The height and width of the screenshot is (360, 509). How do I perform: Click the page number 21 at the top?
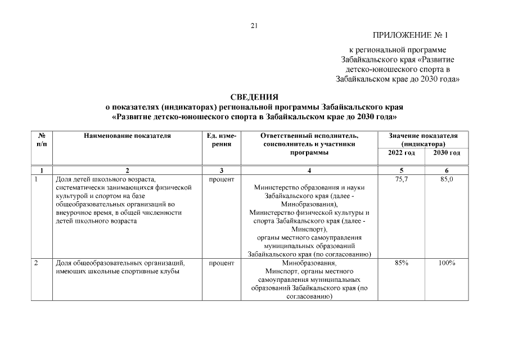[254, 25]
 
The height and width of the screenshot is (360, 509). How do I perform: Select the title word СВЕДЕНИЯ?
[254, 97]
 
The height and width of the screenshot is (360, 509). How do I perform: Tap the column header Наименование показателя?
[127, 136]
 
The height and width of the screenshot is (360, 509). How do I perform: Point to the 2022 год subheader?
[402, 153]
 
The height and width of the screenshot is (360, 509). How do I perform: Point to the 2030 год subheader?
[447, 153]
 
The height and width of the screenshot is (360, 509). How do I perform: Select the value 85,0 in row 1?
[447, 179]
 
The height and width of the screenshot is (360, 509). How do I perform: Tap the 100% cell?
[447, 263]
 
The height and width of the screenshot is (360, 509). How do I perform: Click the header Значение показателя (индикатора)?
[424, 139]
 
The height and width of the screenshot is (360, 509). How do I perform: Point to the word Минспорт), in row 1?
[309, 229]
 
